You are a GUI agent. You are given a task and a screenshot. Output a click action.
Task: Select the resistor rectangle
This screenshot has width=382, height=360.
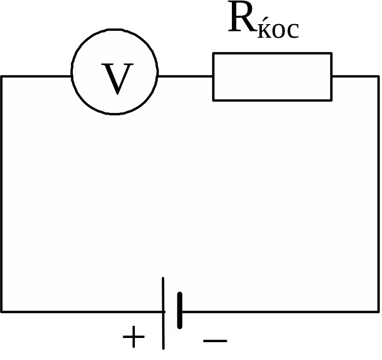pos(272,77)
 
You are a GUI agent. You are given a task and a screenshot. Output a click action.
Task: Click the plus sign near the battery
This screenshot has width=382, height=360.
pos(133,337)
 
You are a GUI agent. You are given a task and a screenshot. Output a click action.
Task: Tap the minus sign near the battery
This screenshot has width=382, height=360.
pos(215,341)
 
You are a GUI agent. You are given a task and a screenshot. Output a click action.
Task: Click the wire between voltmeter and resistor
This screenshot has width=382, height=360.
pos(185,77)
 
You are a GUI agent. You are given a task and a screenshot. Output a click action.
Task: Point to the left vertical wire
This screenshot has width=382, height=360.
pos(2,194)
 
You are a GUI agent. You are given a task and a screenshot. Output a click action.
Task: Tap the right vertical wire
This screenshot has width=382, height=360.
pos(379,194)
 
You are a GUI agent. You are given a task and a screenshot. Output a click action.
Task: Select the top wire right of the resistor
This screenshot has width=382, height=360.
pos(355,77)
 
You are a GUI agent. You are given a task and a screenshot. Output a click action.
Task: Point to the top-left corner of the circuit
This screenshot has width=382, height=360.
pos(2,77)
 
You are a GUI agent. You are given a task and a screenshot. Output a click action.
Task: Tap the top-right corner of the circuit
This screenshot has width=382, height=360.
pos(379,77)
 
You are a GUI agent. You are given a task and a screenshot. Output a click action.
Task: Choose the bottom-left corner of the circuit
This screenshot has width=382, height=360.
pos(2,312)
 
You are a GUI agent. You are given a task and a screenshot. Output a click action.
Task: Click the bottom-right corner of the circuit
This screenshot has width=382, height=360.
pos(379,312)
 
